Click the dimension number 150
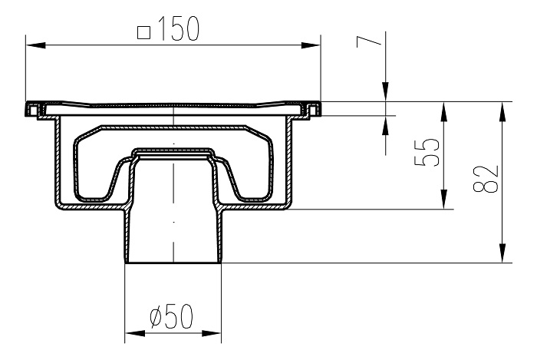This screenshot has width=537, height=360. [179, 28]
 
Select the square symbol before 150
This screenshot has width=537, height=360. [143, 31]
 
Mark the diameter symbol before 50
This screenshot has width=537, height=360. [152, 315]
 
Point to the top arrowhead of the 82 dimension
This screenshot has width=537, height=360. [502, 109]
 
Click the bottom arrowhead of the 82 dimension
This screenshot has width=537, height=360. [502, 256]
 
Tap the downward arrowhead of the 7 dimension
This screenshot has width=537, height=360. [385, 93]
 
